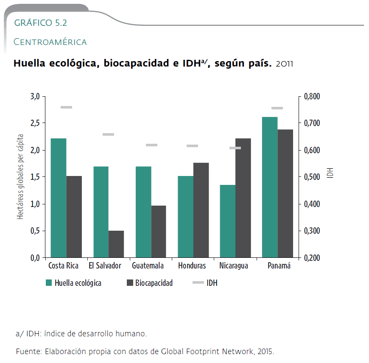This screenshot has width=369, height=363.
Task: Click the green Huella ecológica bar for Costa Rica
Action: click(x=59, y=198)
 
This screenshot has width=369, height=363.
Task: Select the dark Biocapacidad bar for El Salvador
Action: click(x=116, y=244)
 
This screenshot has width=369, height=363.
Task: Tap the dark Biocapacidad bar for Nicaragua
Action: click(x=243, y=198)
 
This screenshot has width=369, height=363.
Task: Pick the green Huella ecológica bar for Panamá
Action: click(x=270, y=187)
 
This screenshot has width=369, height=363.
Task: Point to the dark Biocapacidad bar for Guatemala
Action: click(x=159, y=232)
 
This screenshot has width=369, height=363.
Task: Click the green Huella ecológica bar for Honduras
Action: click(x=185, y=216)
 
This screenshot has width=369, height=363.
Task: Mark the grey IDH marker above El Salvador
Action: click(x=109, y=134)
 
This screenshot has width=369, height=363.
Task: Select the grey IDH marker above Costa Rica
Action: click(x=66, y=107)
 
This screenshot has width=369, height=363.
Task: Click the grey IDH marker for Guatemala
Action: click(x=151, y=145)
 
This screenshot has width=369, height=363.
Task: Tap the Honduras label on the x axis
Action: click(x=192, y=266)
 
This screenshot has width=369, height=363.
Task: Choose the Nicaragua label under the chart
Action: click(x=234, y=266)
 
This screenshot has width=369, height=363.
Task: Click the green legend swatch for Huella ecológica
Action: click(x=49, y=283)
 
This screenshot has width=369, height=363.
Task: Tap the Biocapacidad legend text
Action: click(x=154, y=283)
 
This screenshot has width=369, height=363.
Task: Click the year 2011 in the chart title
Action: click(x=284, y=64)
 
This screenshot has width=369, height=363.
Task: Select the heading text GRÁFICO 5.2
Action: click(x=41, y=23)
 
